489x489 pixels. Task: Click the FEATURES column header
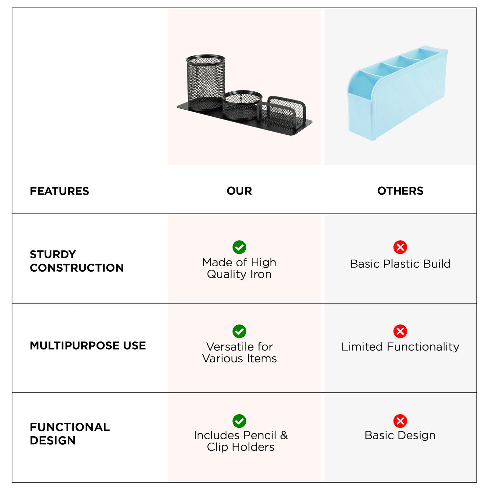pos(59,191)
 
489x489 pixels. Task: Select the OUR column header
pos(239,191)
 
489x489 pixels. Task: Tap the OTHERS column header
pos(400,191)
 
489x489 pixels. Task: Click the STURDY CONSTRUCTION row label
pos(76,261)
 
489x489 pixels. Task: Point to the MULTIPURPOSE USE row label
pos(88,346)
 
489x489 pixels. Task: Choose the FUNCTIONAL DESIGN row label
pos(70,434)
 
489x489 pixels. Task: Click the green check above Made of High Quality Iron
pos(239,247)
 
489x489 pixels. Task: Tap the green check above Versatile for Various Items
pos(239,331)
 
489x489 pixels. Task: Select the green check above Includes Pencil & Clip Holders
pos(239,421)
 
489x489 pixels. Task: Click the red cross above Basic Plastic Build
pos(400,247)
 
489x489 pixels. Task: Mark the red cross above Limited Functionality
pos(400,331)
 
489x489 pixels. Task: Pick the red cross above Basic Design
pos(400,421)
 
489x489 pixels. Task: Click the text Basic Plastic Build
pos(400,264)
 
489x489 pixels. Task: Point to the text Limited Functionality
pos(400,347)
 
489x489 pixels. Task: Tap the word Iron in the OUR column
pos(261,274)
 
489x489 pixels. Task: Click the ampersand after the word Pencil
pos(284,435)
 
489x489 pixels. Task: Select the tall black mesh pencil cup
pos(205,83)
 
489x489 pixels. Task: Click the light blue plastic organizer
pos(398,93)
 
